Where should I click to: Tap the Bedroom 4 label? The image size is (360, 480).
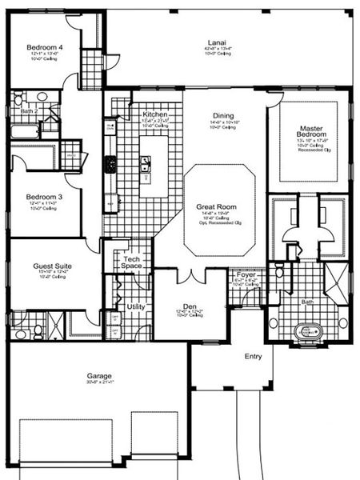pos(45,47)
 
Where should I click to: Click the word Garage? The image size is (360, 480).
pos(99,375)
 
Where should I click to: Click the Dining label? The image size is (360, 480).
pos(223,116)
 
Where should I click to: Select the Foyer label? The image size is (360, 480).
pos(246,275)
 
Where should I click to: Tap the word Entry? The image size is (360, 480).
pos(253,356)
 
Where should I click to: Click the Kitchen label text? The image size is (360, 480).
pos(154,114)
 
